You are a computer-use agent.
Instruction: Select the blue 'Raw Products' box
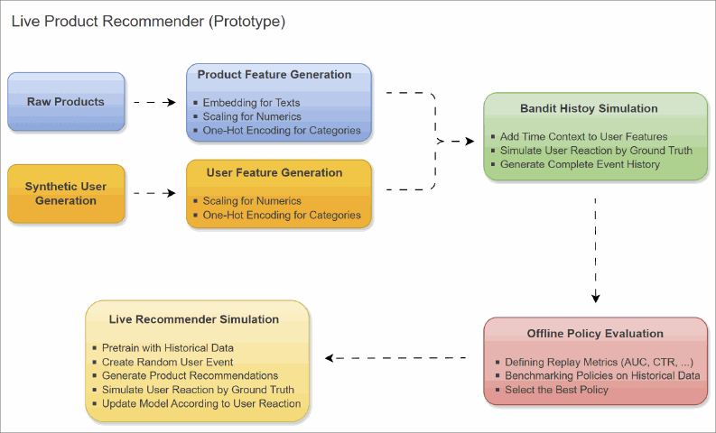[x=66, y=102]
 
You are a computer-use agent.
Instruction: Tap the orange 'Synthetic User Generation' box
[x=66, y=193]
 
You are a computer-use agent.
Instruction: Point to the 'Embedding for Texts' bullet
[x=251, y=103]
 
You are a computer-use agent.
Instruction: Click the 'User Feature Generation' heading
[x=274, y=172]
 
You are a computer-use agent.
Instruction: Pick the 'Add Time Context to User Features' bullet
[x=584, y=136]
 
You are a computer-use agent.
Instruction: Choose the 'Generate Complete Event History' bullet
[x=580, y=164]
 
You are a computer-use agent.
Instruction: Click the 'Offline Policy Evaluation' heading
[x=595, y=334]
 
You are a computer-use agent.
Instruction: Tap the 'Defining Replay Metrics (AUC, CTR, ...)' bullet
[x=599, y=362]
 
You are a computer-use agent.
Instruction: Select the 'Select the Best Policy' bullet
[x=556, y=390]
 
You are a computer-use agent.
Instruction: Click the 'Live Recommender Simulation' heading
[x=194, y=319]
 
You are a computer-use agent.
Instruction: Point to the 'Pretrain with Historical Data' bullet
[x=168, y=347]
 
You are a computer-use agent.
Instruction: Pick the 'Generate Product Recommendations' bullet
[x=190, y=375]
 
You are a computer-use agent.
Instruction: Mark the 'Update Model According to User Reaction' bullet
[x=201, y=403]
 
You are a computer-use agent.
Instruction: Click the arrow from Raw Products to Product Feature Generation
[x=154, y=103]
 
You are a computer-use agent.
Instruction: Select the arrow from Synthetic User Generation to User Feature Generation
[x=154, y=193]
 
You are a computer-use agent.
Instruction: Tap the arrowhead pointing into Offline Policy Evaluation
[x=595, y=299]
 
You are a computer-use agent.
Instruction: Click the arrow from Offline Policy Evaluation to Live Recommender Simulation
[x=397, y=358]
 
